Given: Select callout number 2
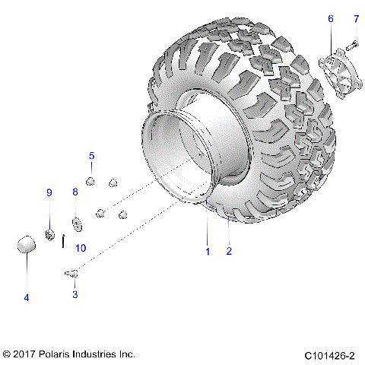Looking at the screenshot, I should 229,249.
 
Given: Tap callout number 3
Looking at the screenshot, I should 75,293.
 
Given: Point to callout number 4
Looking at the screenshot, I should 27,297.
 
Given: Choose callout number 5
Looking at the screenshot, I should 92,156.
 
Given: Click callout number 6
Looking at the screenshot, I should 330,18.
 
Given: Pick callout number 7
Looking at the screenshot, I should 355,18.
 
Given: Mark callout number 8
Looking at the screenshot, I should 75,192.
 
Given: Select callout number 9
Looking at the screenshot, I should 49,192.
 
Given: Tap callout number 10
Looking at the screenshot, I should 81,248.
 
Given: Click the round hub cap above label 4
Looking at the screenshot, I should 27,246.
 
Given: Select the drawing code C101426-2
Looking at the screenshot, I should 330,355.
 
